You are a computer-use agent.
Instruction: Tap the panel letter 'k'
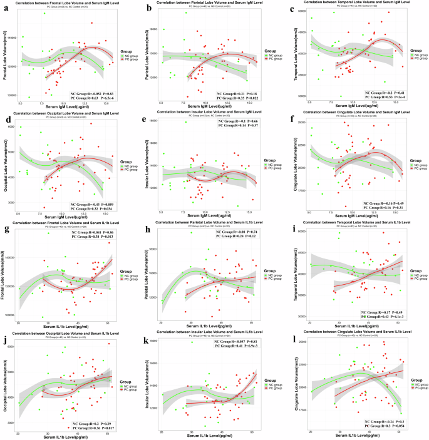[x=147, y=342]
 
